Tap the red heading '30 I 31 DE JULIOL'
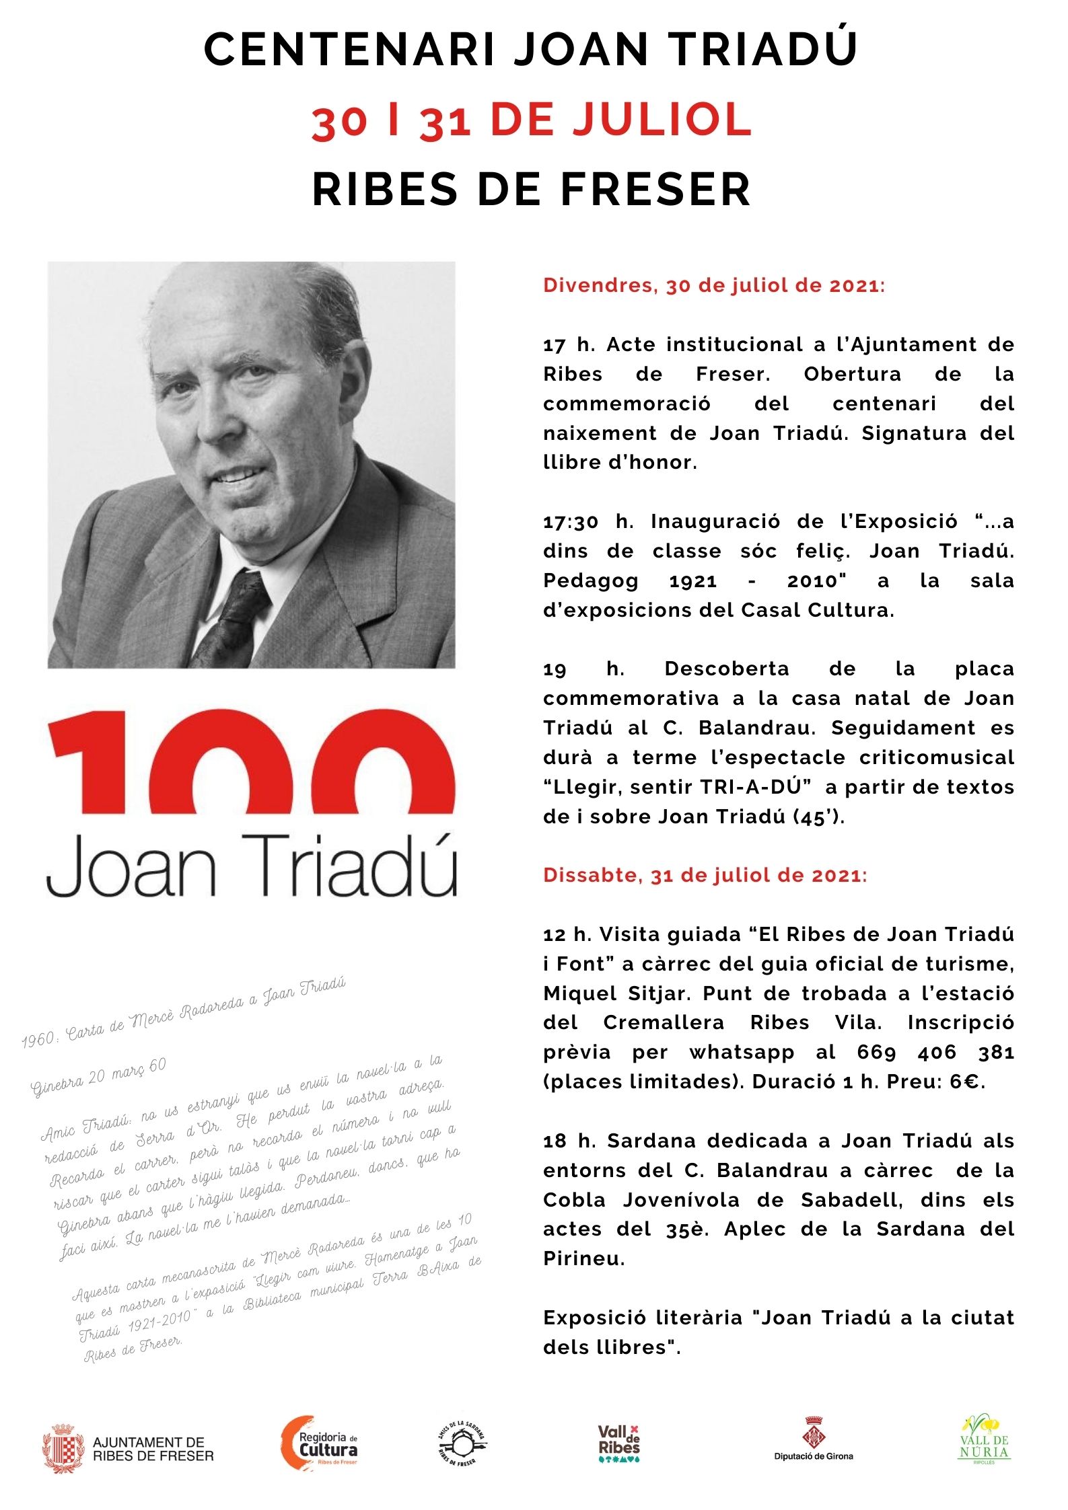[x=532, y=120]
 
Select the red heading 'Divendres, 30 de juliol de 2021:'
[x=714, y=285]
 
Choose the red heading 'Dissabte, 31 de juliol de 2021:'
[x=705, y=875]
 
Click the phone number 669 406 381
[x=935, y=1052]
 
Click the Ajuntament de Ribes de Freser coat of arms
[x=63, y=1449]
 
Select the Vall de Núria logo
[x=984, y=1439]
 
